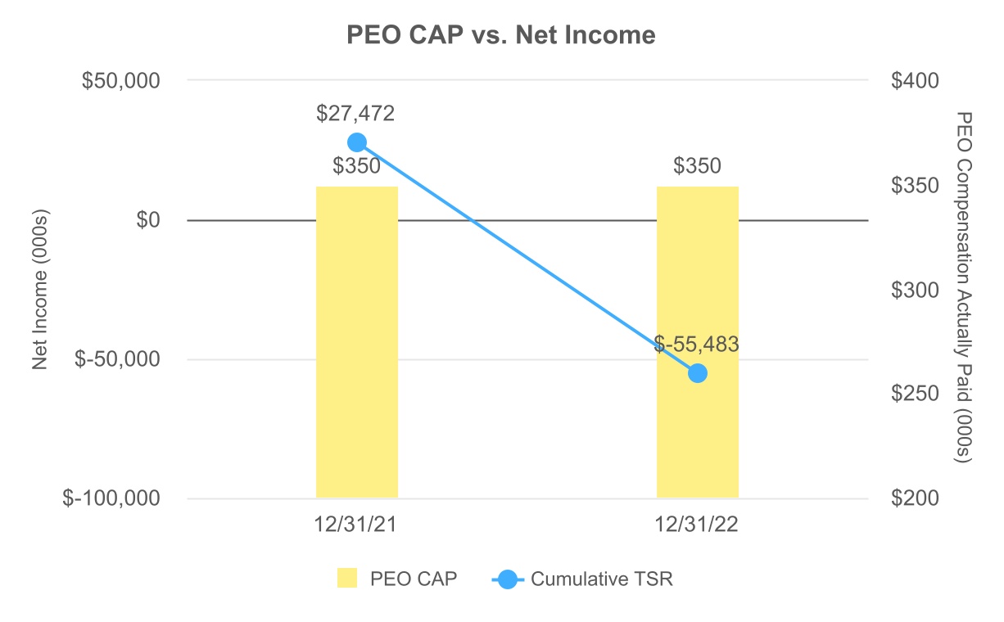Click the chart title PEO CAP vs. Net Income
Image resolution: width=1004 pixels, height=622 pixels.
coord(501,35)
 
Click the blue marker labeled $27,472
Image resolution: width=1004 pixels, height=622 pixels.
coord(357,142)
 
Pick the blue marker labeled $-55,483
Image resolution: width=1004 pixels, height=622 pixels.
coord(698,373)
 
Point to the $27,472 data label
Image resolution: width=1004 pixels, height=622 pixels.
coord(356,113)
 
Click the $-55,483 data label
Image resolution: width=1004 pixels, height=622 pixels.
coord(697,345)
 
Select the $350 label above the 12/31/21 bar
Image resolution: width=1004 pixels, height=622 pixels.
coord(356,167)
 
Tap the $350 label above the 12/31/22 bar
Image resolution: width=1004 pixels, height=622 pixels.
coord(697,167)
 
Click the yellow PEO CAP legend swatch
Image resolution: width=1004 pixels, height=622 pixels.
coord(347,579)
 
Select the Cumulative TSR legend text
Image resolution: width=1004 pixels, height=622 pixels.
coord(602,579)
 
